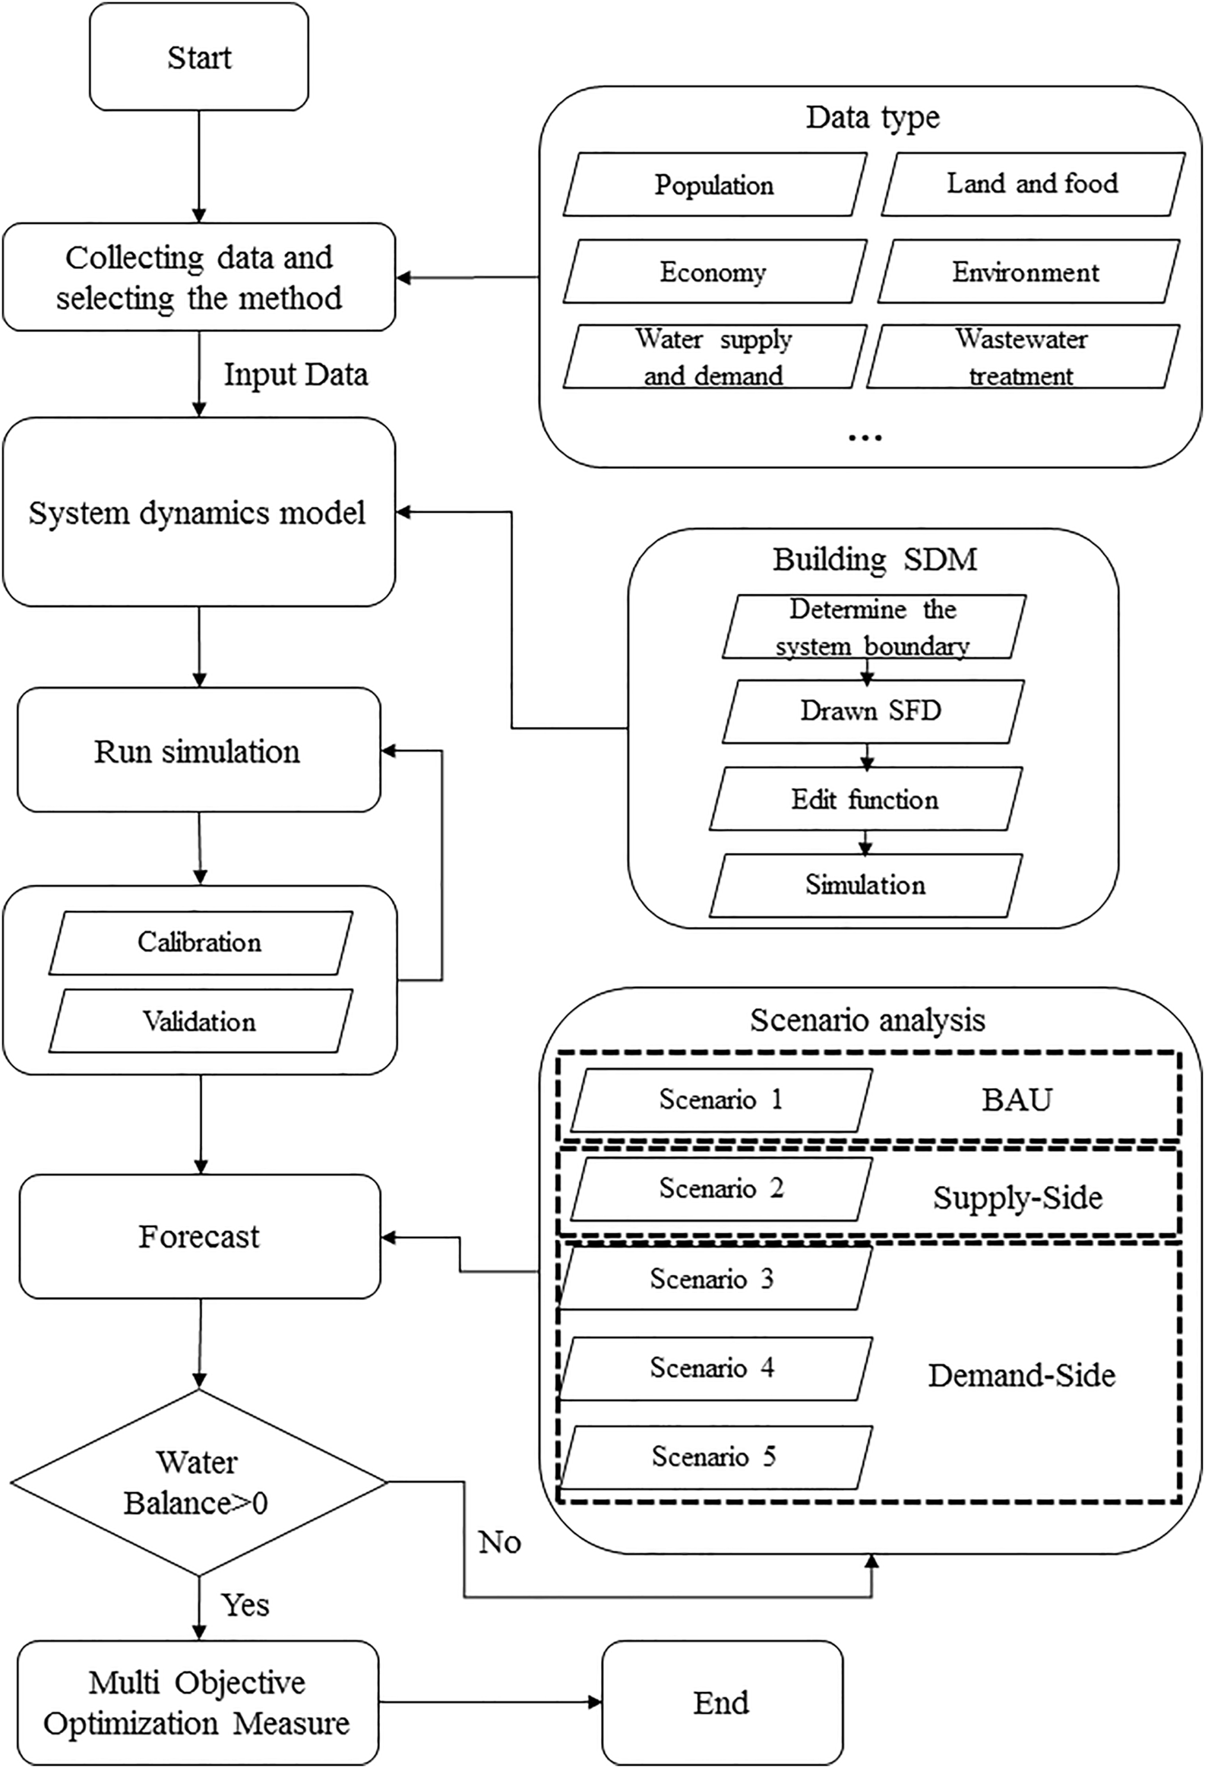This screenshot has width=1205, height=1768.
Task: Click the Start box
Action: [198, 57]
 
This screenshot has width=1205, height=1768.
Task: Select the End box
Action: [721, 1702]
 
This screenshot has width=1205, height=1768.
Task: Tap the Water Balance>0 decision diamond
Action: [198, 1482]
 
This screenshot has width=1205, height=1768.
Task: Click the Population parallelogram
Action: [714, 185]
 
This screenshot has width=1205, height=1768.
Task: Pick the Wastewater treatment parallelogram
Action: [1022, 357]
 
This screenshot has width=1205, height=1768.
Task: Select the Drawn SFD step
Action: [871, 710]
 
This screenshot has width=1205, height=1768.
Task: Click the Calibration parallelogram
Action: [200, 943]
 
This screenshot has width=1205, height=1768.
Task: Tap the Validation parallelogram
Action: [200, 1021]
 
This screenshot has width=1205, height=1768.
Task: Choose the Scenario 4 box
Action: [713, 1368]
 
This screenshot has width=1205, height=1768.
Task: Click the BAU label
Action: [1017, 1100]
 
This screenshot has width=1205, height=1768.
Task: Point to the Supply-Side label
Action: [1018, 1198]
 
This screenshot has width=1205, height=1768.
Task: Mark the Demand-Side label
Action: [1021, 1375]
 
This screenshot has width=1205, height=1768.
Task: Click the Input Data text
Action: [295, 375]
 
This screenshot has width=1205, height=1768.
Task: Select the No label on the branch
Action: [499, 1542]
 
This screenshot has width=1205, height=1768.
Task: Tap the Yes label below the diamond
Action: [245, 1605]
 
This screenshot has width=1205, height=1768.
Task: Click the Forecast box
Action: [198, 1236]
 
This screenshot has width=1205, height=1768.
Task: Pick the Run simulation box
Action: [198, 751]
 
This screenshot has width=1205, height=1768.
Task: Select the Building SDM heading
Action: [874, 559]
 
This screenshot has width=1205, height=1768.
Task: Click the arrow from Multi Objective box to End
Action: [490, 1702]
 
